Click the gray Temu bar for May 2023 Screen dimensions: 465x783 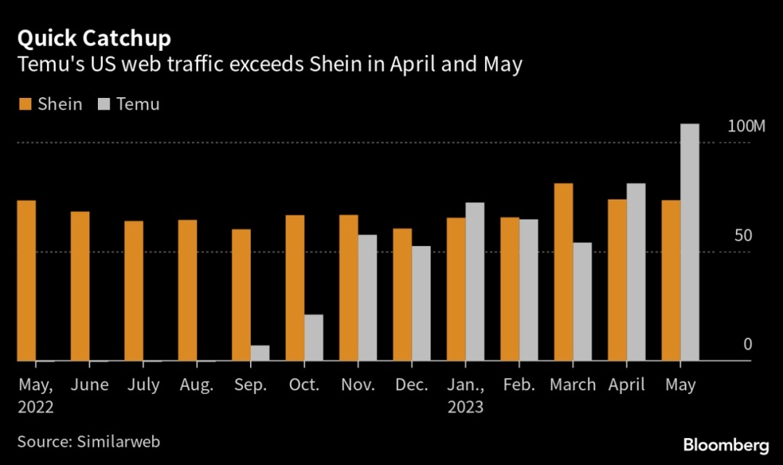tap(689, 242)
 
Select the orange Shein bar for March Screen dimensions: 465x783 tap(564, 272)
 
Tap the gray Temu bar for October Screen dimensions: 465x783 tap(314, 337)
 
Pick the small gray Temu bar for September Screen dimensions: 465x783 tap(260, 353)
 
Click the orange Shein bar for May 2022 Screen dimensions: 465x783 tap(27, 280)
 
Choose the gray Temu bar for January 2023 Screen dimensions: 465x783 tap(475, 281)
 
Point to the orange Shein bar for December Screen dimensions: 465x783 tap(402, 295)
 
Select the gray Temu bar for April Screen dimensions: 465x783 tap(636, 272)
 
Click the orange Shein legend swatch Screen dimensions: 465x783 tap(24, 104)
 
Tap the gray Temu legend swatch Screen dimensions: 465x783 tap(102, 104)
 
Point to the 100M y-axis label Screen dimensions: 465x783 tap(747, 126)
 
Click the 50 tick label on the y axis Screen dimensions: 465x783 tap(744, 236)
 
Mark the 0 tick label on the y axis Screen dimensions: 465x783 tap(747, 345)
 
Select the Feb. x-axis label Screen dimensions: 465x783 tap(518, 384)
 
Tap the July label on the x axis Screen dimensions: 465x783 tap(143, 384)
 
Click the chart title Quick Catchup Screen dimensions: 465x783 tap(94, 38)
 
